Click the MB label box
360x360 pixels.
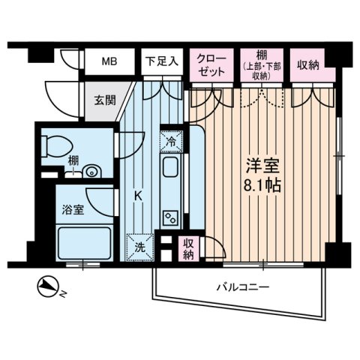[x=108, y=62]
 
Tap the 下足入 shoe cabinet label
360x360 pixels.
[x=161, y=62]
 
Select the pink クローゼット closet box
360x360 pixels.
[x=211, y=64]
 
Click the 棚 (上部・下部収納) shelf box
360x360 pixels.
[x=260, y=64]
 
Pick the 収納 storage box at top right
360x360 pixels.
[x=307, y=64]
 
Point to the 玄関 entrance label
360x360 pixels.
[x=104, y=99]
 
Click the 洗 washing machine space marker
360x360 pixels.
[x=141, y=244]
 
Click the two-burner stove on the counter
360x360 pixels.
[x=170, y=215]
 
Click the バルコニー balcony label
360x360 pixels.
[x=242, y=287]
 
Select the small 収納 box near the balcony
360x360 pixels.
[x=188, y=249]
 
